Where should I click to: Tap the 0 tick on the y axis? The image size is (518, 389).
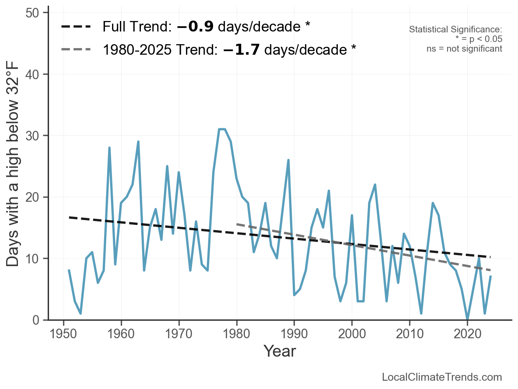39,320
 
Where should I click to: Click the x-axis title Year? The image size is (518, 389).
280,351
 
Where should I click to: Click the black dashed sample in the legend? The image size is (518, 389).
76,27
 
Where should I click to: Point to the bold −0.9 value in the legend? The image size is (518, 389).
195,27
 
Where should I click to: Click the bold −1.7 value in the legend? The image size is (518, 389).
241,49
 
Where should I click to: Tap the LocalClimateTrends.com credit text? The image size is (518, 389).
442,377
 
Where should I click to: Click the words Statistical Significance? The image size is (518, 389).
455,29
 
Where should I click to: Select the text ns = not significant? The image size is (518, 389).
464,49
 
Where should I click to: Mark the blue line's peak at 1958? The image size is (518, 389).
109,148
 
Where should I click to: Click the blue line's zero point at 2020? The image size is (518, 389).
467,319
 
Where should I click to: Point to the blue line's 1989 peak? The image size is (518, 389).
288,160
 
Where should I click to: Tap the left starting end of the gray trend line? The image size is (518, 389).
237,224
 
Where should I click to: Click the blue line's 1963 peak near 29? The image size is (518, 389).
138,142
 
